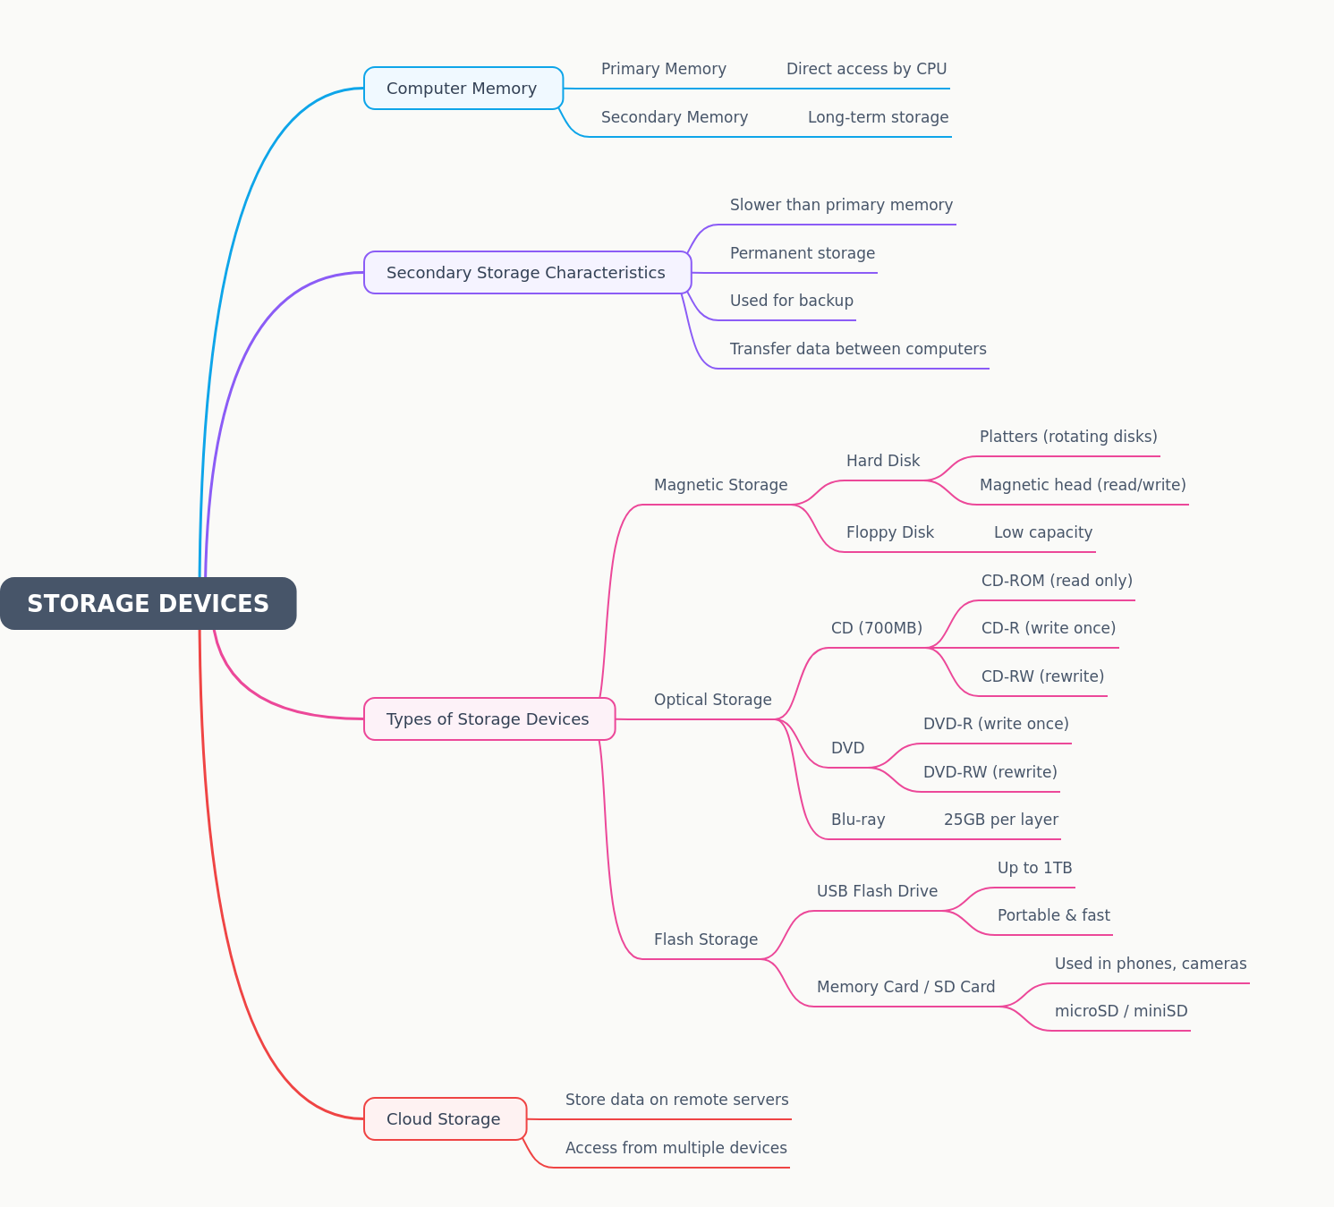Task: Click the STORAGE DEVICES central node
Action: [149, 603]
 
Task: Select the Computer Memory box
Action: [463, 88]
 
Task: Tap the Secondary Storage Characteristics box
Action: [527, 272]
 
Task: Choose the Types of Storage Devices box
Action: [489, 718]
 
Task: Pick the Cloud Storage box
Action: [445, 1118]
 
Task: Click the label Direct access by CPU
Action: [866, 69]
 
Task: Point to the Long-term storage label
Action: [878, 117]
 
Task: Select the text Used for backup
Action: [791, 301]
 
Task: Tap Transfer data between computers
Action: [858, 349]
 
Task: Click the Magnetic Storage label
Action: [720, 485]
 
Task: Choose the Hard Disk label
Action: [882, 461]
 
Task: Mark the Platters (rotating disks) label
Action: [1068, 437]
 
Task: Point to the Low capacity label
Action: [1042, 532]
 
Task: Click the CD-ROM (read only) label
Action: [1057, 581]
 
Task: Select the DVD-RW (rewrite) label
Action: [990, 772]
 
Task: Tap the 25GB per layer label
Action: [1001, 820]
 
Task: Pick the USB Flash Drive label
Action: [877, 891]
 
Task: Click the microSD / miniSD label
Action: [1120, 1011]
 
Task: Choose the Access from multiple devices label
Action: [675, 1148]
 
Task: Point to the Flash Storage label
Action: [706, 939]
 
